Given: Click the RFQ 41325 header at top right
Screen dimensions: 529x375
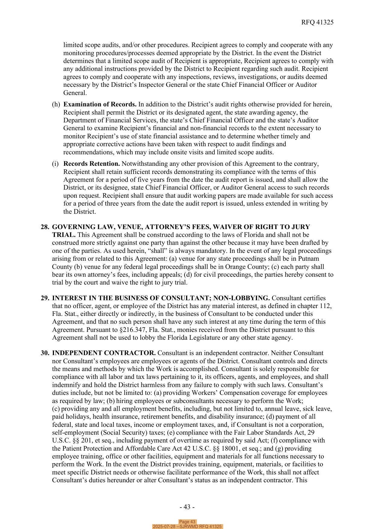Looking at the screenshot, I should tap(317, 22).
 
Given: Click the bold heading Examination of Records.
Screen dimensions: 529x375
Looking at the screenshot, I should tap(100, 104).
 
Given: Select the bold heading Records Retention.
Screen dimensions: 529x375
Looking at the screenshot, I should tap(91, 164).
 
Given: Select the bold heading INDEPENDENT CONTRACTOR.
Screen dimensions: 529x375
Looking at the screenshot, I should tap(104, 353).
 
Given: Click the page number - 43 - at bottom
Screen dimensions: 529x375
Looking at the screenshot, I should tap(187, 507).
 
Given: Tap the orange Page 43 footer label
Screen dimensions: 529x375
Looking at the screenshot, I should tap(187, 522).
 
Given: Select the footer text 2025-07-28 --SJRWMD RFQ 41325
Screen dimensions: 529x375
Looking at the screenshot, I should tap(187, 527).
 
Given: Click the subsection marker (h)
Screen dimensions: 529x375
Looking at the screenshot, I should tap(56, 104).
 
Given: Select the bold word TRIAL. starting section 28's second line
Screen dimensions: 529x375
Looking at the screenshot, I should tap(63, 235).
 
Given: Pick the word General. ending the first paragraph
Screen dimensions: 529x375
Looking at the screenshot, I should tap(75, 93).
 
